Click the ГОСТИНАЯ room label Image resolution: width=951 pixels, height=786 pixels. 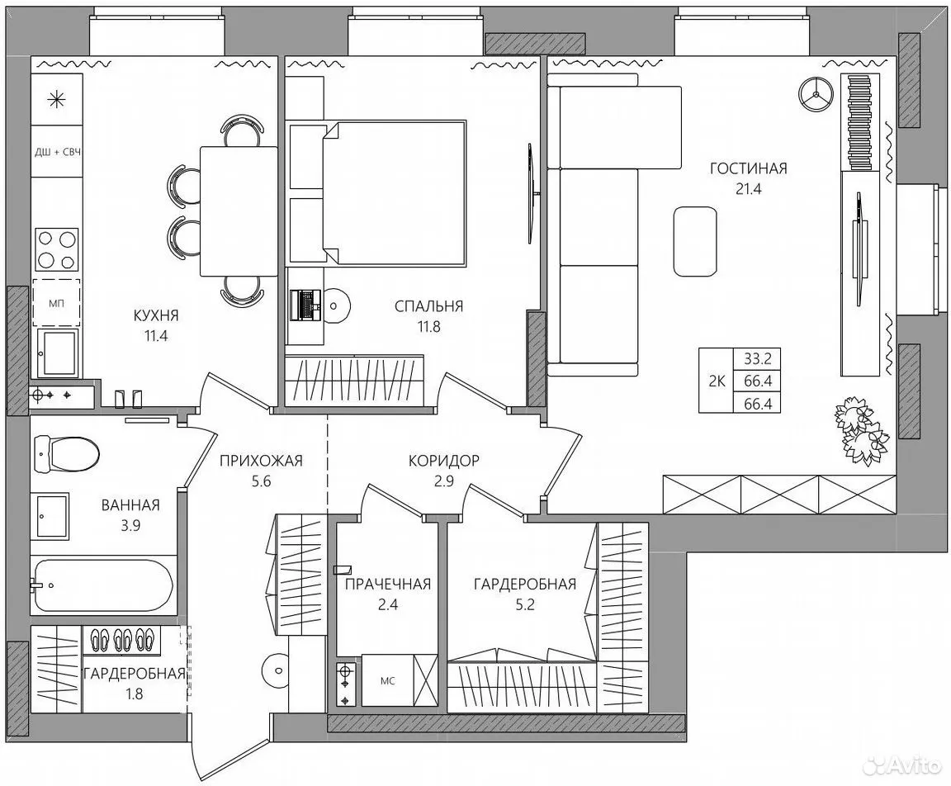tap(749, 168)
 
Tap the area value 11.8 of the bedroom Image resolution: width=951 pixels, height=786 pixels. tap(428, 327)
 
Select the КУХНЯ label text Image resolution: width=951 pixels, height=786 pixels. tap(157, 315)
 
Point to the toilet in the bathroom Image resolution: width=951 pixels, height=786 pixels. tap(67, 453)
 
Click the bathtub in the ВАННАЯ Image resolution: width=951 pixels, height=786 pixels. tap(103, 586)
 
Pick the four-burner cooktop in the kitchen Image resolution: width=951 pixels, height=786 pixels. tap(57, 249)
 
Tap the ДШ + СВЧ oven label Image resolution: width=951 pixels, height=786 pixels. tap(57, 152)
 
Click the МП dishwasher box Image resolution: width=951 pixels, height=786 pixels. tap(56, 303)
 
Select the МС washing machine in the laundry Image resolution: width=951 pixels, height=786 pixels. tap(387, 680)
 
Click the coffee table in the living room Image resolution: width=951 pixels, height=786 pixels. tap(695, 242)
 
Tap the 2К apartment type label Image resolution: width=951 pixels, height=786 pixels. tap(717, 381)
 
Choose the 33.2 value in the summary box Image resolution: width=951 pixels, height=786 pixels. tap(758, 358)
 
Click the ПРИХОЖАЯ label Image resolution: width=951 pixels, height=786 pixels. tap(261, 461)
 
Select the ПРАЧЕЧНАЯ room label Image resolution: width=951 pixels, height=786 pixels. tap(387, 584)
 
